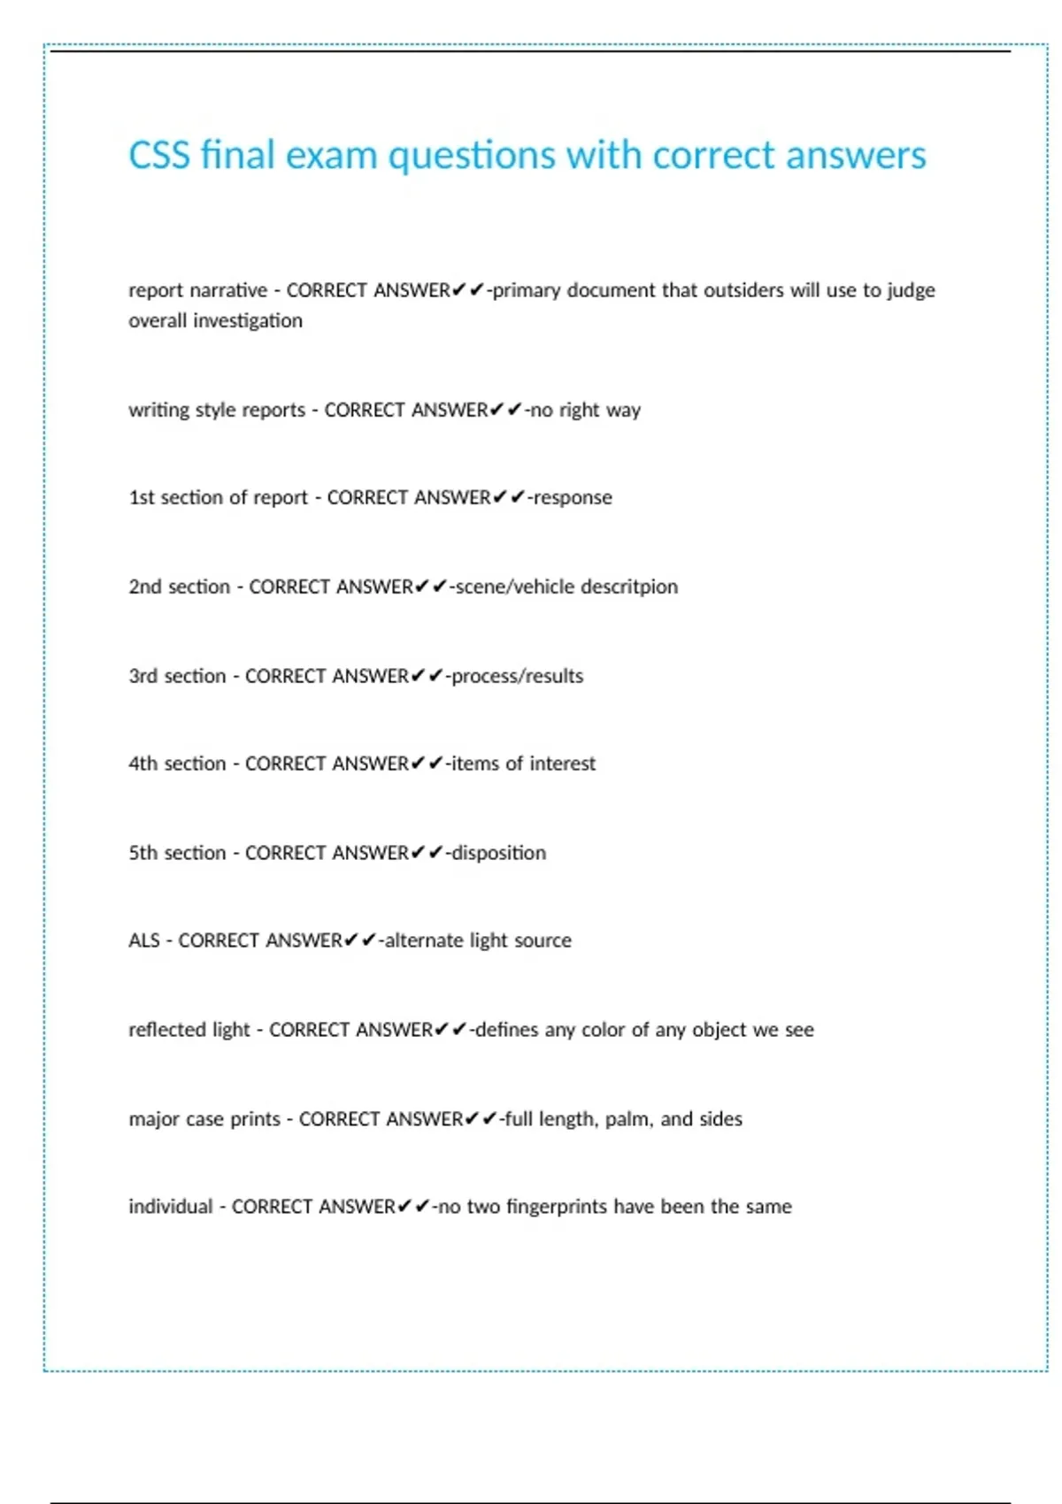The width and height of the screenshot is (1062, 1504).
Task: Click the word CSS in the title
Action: pos(159,156)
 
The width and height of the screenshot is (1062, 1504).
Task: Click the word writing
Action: pos(158,410)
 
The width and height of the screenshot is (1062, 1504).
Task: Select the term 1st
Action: pos(142,497)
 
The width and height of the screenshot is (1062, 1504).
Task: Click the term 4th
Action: pos(142,764)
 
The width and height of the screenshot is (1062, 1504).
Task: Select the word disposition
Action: pos(498,853)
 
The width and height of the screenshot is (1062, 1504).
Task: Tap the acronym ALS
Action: pos(144,940)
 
